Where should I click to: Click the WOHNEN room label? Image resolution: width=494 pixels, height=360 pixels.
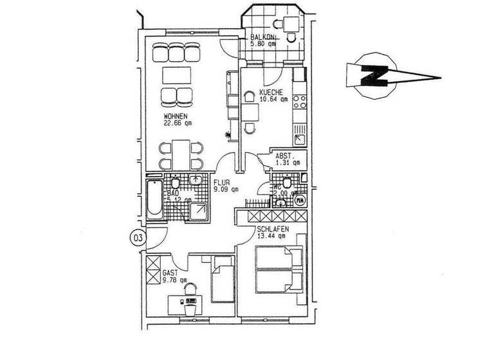point(175,116)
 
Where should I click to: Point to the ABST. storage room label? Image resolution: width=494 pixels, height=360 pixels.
point(285,155)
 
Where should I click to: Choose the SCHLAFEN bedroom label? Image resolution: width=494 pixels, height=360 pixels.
point(271,230)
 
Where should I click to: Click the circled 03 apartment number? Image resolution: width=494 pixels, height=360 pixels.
point(137,238)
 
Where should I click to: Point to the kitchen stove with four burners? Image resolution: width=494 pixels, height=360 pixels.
point(299,102)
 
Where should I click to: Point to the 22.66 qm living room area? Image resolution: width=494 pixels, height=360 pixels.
point(175,124)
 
